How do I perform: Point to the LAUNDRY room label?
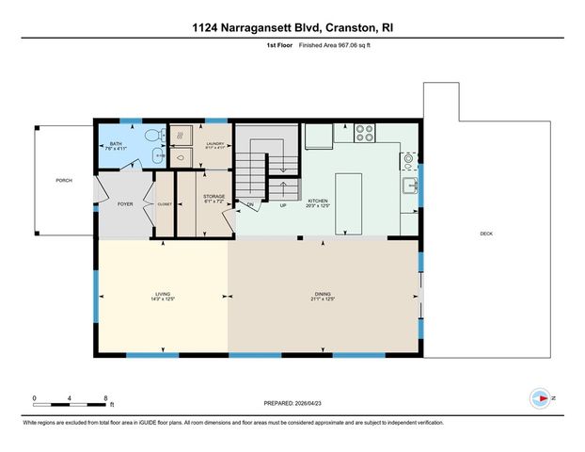click(216, 143)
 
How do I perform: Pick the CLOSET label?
click(164, 202)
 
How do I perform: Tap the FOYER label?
click(125, 202)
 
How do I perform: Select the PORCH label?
click(63, 180)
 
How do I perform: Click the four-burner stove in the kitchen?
click(365, 136)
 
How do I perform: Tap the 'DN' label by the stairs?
click(250, 204)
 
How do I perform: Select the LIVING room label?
click(163, 294)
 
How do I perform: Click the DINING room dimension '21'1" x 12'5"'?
click(323, 299)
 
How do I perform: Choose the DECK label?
click(486, 234)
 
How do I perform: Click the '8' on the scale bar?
click(105, 397)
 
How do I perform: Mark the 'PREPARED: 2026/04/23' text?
click(292, 403)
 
